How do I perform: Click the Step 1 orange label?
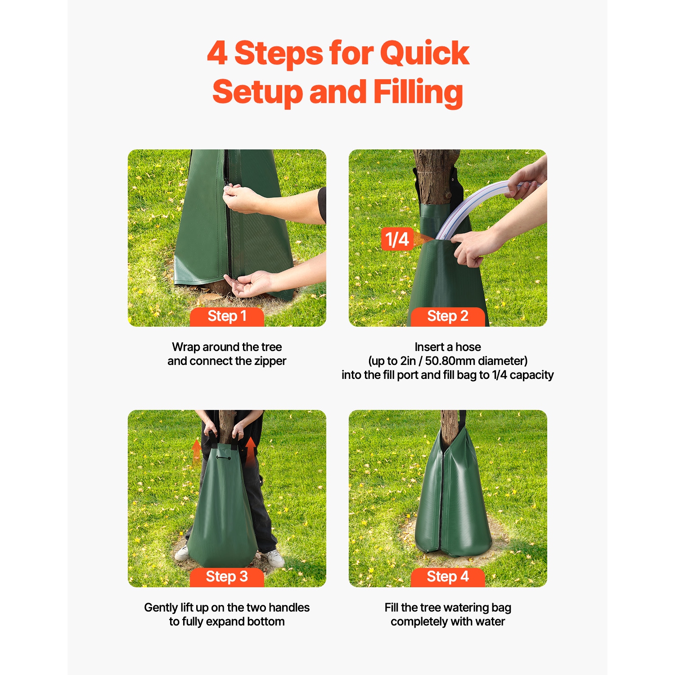227,316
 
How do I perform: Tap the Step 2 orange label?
448,316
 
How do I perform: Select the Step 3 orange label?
227,576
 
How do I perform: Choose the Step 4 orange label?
448,576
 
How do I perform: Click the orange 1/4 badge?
397,239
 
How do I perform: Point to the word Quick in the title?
424,54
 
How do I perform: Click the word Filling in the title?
418,92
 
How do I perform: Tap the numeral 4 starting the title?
217,54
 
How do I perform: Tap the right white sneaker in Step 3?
274,558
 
